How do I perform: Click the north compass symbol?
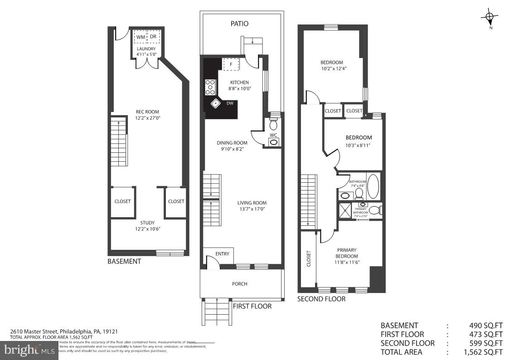click(x=489, y=18)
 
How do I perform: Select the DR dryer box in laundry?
click(x=153, y=37)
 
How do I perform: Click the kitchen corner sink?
click(x=215, y=103)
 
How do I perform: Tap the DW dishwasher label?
click(x=230, y=103)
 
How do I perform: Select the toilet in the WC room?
click(x=273, y=125)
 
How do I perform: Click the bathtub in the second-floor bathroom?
click(x=373, y=185)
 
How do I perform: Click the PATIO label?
click(x=239, y=24)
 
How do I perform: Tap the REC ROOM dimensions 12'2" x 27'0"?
click(x=148, y=118)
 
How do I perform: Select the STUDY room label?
click(x=147, y=223)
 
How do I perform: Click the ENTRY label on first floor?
click(x=222, y=254)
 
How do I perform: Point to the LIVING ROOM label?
click(x=252, y=203)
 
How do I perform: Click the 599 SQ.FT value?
click(x=485, y=343)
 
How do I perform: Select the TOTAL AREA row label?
click(x=401, y=352)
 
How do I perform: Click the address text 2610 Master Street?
click(x=34, y=331)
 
